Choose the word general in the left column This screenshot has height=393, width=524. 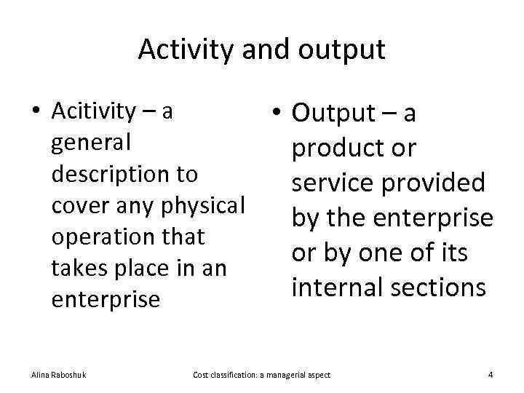point(91,143)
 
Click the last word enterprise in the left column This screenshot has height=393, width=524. point(106,300)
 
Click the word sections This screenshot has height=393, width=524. point(439,287)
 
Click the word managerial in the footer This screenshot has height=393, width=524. point(274,375)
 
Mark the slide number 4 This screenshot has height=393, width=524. point(491,375)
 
